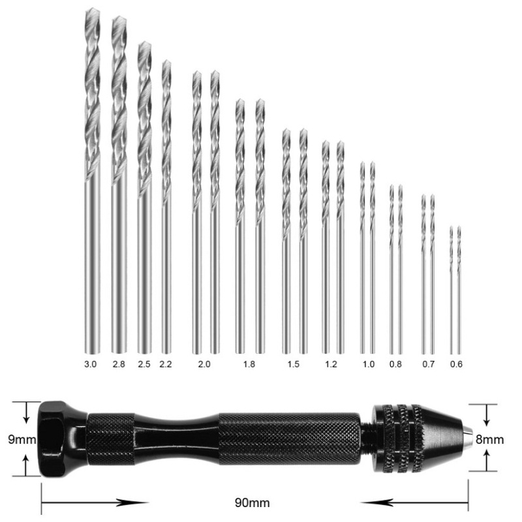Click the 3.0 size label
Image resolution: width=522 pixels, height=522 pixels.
90,364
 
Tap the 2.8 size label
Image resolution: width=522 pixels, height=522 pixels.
118,364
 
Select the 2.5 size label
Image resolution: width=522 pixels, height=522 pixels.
144,364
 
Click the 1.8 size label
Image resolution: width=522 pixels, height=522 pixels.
249,364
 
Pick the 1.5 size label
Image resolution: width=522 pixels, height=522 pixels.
294,364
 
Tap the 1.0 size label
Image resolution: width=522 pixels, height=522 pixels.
368,364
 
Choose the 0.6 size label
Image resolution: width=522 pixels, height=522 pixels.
455,364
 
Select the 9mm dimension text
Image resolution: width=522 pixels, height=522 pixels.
21,439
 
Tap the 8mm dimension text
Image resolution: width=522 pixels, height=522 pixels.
490,439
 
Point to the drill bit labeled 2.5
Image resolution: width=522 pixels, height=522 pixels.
144,196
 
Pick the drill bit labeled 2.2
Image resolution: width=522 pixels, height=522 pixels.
166,202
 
